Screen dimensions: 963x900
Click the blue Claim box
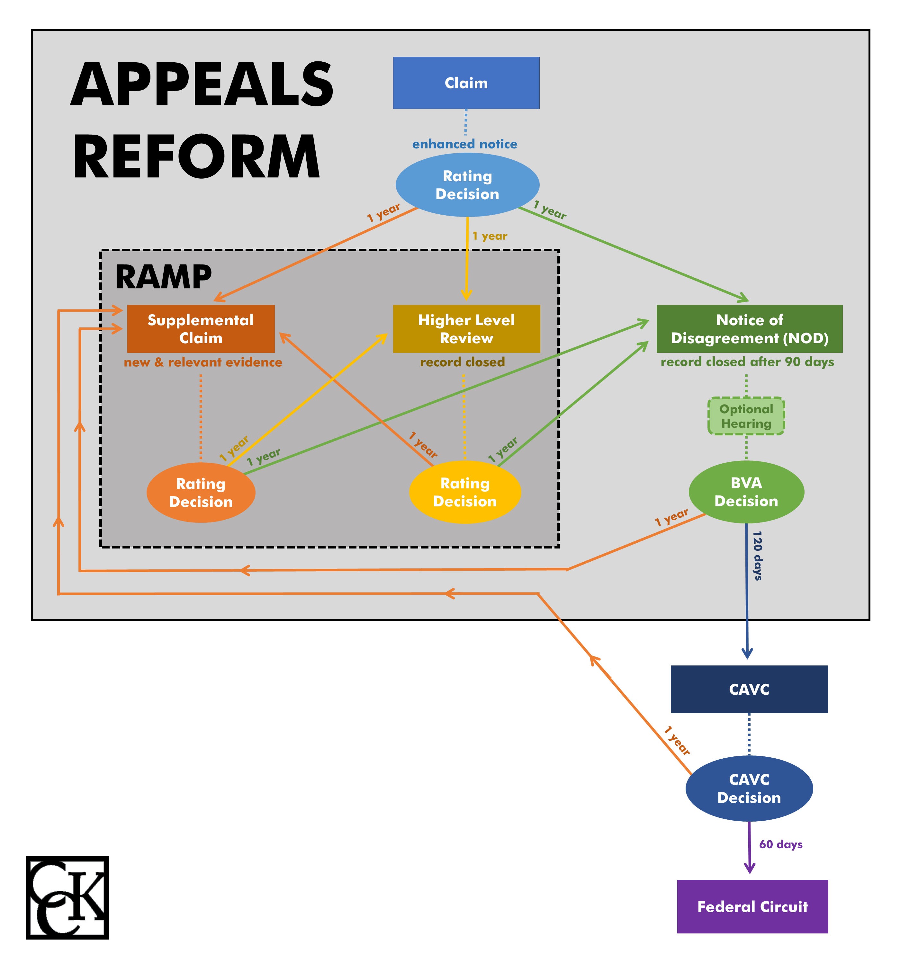[x=466, y=83]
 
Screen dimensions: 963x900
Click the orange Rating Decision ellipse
[x=201, y=493]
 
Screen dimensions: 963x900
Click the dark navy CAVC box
[x=749, y=689]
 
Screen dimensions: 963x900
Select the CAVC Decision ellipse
[x=749, y=788]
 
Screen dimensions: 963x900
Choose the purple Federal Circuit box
[x=752, y=906]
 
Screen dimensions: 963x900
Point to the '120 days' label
[x=757, y=555]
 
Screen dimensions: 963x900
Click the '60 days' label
[x=780, y=844]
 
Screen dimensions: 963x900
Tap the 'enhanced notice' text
[x=464, y=144]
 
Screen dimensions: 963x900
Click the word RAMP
[x=163, y=277]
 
